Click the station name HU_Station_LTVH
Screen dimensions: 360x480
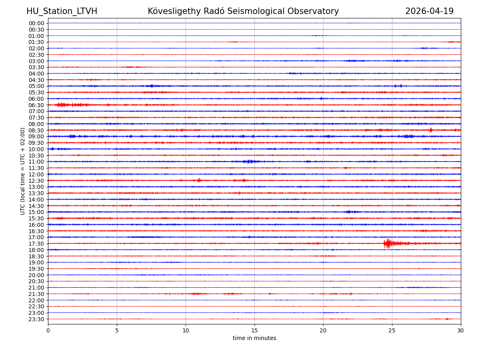pyautogui.click(x=62, y=11)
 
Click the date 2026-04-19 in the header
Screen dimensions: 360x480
pyautogui.click(x=429, y=11)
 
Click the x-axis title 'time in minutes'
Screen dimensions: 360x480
pyautogui.click(x=254, y=338)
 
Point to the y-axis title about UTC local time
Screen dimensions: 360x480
pyautogui.click(x=23, y=171)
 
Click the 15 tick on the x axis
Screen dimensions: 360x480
pyautogui.click(x=254, y=330)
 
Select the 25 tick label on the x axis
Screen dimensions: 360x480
pyautogui.click(x=392, y=330)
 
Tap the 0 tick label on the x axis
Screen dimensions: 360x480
pyautogui.click(x=48, y=330)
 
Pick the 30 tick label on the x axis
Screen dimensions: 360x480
pyautogui.click(x=461, y=330)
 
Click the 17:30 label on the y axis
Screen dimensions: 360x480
pyautogui.click(x=36, y=244)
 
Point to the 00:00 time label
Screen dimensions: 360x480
pyautogui.click(x=36, y=23)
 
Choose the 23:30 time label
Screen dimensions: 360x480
pyautogui.click(x=36, y=319)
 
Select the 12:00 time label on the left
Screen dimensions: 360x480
pyautogui.click(x=36, y=174)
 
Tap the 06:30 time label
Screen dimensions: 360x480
pyautogui.click(x=36, y=105)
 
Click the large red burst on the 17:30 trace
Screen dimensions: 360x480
pyautogui.click(x=388, y=243)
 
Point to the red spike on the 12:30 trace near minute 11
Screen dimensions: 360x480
pyautogui.click(x=199, y=180)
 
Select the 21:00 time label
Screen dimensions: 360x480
pyautogui.click(x=36, y=288)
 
